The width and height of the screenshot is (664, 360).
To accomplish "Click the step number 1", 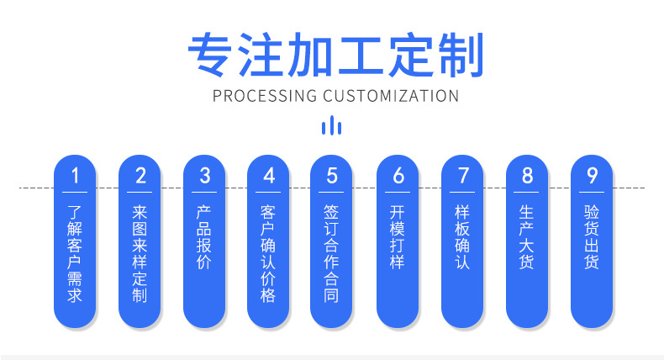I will (x=75, y=176).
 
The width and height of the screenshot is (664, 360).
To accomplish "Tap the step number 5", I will (x=332, y=176).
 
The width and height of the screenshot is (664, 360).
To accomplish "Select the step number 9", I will (x=592, y=176).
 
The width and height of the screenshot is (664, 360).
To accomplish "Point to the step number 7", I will (x=463, y=176).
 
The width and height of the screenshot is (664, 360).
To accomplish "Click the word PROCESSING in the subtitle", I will (x=266, y=95).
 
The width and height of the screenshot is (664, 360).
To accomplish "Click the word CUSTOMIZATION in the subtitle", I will (x=391, y=95).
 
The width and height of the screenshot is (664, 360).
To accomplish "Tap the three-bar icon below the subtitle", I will (x=332, y=126).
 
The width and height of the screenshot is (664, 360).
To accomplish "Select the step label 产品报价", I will (x=204, y=238).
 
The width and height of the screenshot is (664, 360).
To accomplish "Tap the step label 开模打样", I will (x=398, y=238).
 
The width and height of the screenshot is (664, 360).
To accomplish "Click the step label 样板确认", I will (x=463, y=238).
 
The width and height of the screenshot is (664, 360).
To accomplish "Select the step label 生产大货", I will (x=527, y=238).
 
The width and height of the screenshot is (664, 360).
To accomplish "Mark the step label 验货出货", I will (x=592, y=238).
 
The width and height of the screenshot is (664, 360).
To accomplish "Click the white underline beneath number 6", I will (x=398, y=193).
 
